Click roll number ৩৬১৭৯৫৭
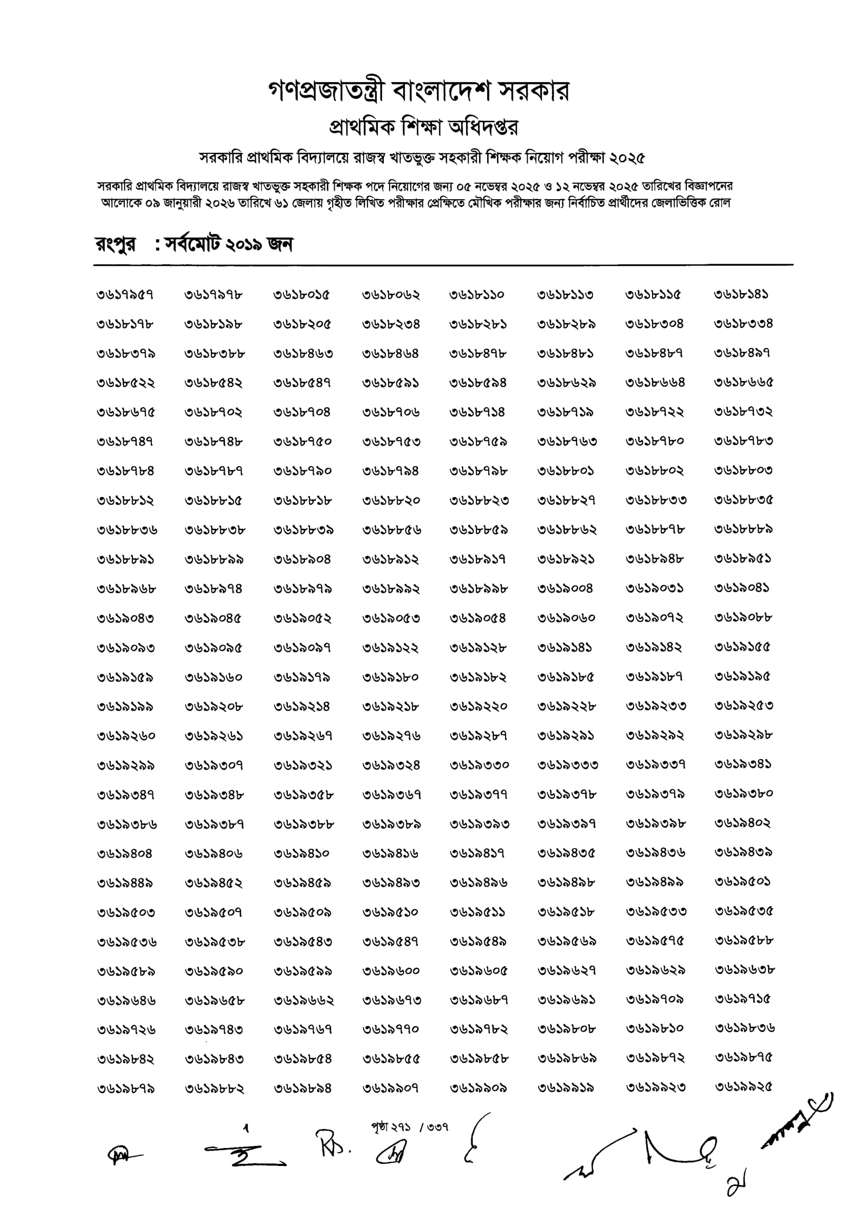125,295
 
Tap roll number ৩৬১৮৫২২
125,383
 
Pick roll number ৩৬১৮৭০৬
391,412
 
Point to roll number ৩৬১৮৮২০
391,501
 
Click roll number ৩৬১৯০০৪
565,589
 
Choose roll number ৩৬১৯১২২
391,648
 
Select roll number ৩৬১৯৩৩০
479,765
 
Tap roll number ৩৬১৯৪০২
742,823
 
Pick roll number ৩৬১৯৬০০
391,971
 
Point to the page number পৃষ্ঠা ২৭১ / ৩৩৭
410,1126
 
